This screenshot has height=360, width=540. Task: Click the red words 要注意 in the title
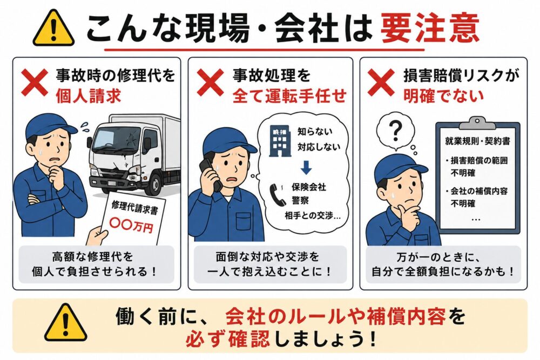pyautogui.click(x=430, y=28)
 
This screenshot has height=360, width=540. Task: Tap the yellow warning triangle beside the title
pyautogui.click(x=53, y=29)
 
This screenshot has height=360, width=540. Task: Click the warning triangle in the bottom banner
pyautogui.click(x=65, y=323)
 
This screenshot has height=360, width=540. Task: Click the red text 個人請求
pyautogui.click(x=89, y=96)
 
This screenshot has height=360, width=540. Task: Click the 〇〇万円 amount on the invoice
pyautogui.click(x=131, y=225)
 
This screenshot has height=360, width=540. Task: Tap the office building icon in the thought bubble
pyautogui.click(x=280, y=141)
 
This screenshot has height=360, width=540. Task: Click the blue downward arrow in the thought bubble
pyautogui.click(x=306, y=168)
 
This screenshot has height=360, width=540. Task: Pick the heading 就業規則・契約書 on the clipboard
pyautogui.click(x=477, y=141)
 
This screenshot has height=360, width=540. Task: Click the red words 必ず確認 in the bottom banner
pyautogui.click(x=228, y=339)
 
